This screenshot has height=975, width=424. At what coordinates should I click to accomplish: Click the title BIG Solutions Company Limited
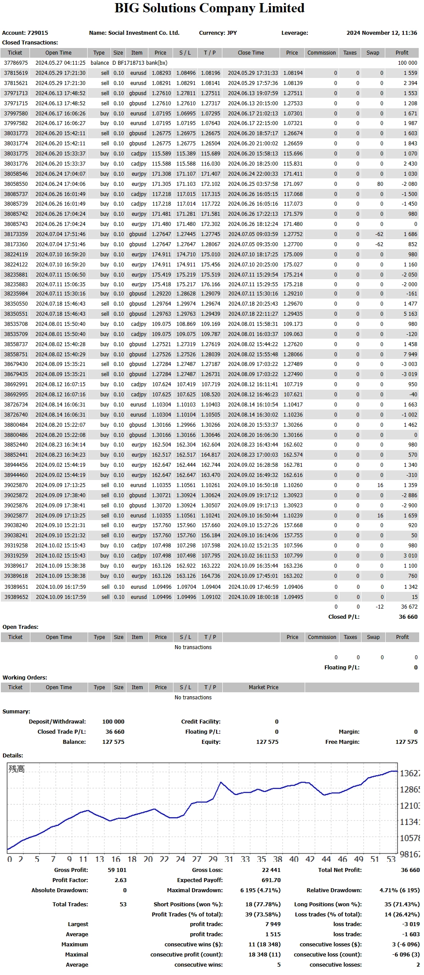[x=210, y=8]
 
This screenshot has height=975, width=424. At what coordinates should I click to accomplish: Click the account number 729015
[x=38, y=33]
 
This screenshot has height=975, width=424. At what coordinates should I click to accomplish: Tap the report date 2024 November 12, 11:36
[x=382, y=33]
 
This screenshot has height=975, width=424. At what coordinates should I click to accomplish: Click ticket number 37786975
[x=16, y=63]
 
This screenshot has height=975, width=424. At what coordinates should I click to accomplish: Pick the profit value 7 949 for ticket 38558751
[x=410, y=355]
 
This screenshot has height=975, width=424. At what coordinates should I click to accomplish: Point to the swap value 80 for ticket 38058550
[x=380, y=184]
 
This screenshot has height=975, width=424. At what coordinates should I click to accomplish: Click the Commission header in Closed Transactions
[x=321, y=53]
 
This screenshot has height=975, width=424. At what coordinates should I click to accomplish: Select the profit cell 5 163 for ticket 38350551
[x=410, y=314]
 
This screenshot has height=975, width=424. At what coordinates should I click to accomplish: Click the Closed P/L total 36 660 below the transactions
[x=408, y=617]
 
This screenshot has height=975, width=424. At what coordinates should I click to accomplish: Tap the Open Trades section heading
[x=20, y=627]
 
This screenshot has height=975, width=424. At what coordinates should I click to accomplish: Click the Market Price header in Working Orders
[x=263, y=687]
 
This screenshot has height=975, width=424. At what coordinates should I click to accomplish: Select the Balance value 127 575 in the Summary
[x=113, y=742]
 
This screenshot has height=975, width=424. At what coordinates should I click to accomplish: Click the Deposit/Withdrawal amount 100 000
[x=113, y=722]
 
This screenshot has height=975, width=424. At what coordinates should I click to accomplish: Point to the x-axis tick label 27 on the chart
[x=197, y=859]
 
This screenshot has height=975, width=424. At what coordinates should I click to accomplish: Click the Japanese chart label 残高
[x=16, y=769]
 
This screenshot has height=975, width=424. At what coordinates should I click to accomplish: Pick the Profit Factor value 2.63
[x=120, y=880]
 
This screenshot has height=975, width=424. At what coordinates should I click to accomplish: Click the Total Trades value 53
[x=123, y=905]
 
